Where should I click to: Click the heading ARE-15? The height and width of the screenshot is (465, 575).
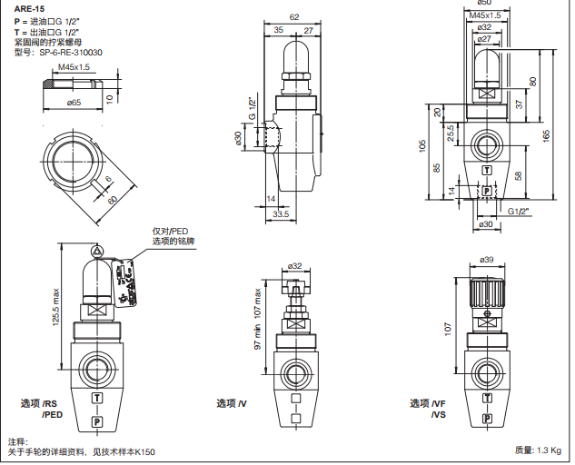tap(28, 7)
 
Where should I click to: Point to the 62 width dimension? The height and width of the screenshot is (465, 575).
tap(294, 16)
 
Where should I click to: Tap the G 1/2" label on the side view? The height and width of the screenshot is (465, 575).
tap(253, 109)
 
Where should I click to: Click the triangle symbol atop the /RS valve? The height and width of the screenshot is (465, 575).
tap(97, 250)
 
